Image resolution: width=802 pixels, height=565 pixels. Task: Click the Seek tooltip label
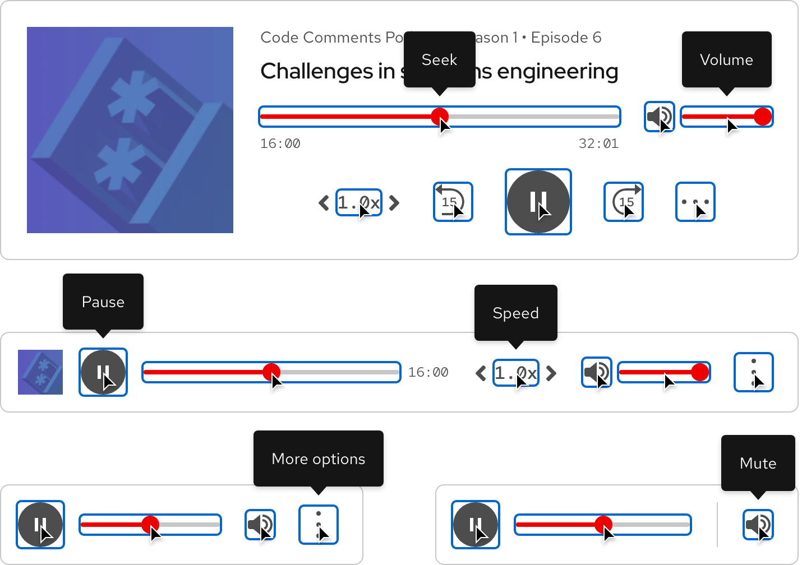[x=439, y=60]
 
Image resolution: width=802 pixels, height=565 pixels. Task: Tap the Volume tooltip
[x=726, y=60]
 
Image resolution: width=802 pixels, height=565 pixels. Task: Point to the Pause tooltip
[x=103, y=302]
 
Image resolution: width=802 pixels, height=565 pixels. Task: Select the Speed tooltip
[x=515, y=313]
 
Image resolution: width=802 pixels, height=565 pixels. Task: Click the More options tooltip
[x=318, y=459]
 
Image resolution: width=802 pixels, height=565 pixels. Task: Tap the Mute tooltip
[x=758, y=464]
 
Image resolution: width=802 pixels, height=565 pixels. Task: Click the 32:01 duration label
[x=598, y=143]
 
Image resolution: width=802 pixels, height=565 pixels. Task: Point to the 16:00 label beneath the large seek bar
[x=280, y=143]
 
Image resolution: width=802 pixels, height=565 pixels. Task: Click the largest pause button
[x=538, y=202]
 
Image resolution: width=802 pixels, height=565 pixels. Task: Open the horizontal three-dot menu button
[x=695, y=202]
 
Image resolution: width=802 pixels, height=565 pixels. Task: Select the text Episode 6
[x=566, y=38]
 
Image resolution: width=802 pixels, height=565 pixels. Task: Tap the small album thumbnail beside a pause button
[x=40, y=372]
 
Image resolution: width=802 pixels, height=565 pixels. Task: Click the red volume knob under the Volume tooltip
[x=763, y=117]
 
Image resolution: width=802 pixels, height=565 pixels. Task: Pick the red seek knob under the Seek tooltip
[x=440, y=117]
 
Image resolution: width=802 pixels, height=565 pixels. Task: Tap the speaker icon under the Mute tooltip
[x=758, y=525]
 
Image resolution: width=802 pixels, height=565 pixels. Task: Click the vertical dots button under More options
[x=319, y=525]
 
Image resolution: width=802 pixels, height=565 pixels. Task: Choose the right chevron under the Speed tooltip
[x=552, y=373]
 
